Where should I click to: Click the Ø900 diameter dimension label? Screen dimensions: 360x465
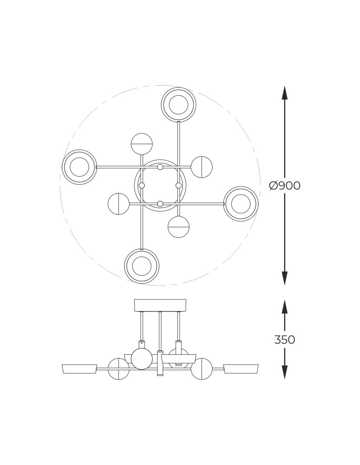click(285, 186)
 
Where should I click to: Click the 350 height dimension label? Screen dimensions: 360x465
click(285, 339)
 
